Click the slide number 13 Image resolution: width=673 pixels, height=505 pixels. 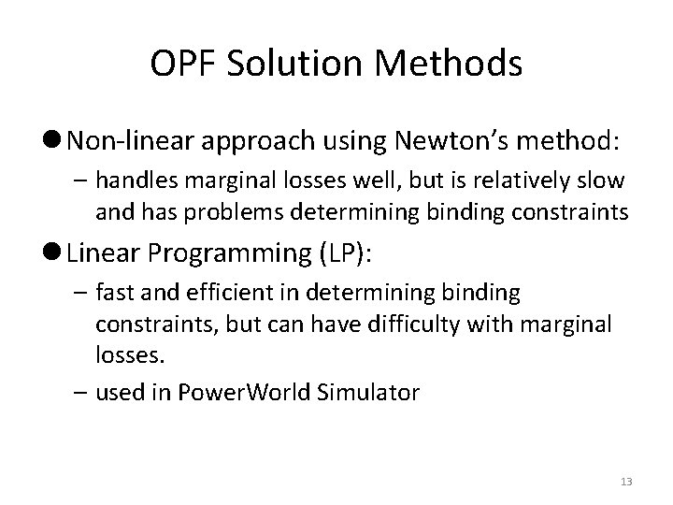coord(626,481)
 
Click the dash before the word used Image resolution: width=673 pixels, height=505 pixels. coord(79,393)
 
